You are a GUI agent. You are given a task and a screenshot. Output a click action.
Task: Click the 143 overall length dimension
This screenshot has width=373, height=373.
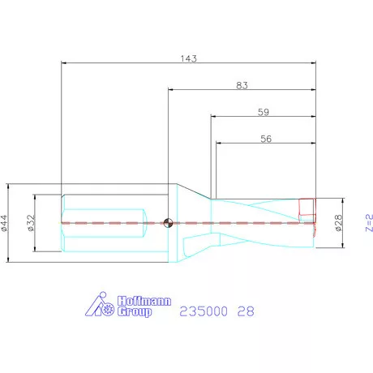coord(189,58)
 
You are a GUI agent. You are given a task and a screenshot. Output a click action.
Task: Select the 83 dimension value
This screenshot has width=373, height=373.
coord(242,85)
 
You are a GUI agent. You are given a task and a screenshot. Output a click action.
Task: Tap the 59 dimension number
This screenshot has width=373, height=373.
coord(264,112)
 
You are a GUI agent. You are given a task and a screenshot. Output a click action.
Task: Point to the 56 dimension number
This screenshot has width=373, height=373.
coord(266,139)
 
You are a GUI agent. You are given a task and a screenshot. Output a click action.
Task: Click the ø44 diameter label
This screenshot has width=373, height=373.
coord(4,223)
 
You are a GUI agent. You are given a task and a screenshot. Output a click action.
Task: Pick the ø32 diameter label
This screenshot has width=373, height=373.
coord(31,223)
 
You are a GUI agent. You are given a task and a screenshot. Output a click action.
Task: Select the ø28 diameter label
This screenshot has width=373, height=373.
coord(338,223)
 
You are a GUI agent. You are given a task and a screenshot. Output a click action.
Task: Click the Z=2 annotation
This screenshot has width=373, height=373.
coord(369,223)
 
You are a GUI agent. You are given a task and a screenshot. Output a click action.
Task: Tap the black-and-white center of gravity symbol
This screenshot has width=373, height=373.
coord(168,223)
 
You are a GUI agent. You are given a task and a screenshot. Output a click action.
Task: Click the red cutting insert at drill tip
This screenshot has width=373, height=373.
coord(307,207)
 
